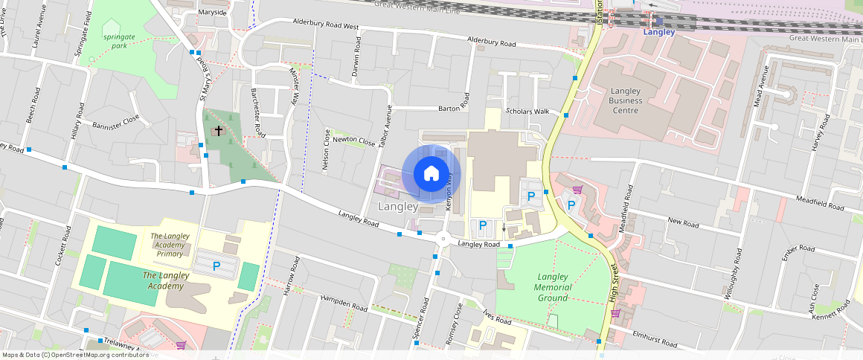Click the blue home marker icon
[x=431, y=174]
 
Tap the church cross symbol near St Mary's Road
[x=218, y=131]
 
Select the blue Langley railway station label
[x=658, y=32]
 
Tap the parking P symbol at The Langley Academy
[x=216, y=265]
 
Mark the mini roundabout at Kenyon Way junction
[x=443, y=240]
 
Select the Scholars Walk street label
[x=527, y=112]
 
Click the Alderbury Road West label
[x=326, y=26]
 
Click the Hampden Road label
[x=344, y=301]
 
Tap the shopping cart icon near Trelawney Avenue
[x=181, y=344]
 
